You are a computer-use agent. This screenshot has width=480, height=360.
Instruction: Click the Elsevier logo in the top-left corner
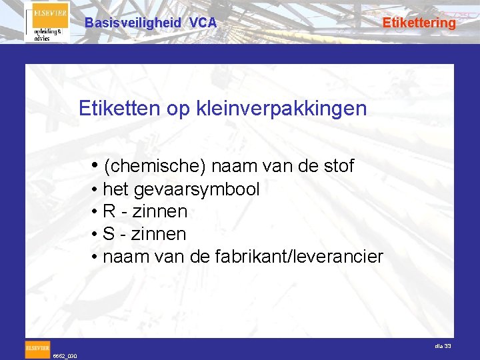(47, 22)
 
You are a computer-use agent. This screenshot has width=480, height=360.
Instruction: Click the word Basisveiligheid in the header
(133, 23)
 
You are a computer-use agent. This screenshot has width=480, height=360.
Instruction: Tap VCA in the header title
(203, 23)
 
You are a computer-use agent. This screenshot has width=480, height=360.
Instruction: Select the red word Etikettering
(419, 23)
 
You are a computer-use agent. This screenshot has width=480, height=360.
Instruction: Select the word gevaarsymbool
(197, 189)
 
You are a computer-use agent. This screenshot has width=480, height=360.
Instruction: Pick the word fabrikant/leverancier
(300, 257)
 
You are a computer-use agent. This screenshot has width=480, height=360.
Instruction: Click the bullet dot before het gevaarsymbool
(96, 189)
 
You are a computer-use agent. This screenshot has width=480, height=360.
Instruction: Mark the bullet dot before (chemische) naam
(97, 165)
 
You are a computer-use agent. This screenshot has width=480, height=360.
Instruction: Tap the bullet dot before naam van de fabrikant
(96, 257)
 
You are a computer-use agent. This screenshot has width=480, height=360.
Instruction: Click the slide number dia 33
(443, 345)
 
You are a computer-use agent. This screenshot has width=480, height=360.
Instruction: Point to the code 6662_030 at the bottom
(65, 356)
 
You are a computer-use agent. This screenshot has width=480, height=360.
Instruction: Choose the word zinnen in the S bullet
(160, 235)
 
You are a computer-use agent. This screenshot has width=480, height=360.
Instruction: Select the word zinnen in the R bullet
(161, 212)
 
